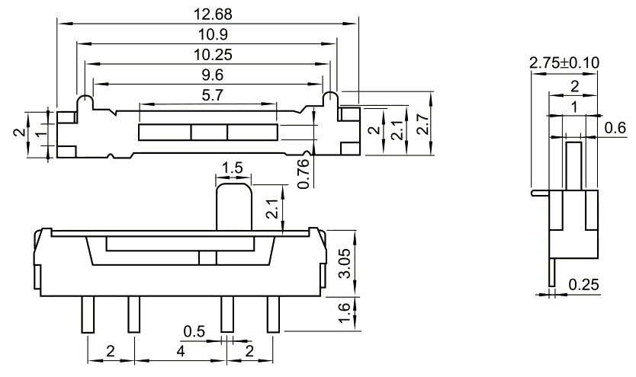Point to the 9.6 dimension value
click(x=207, y=75)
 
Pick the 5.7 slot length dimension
click(x=207, y=94)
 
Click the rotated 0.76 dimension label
click(x=303, y=174)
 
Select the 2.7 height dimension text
click(x=422, y=124)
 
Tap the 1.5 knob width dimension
click(x=233, y=168)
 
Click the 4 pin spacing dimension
click(x=178, y=351)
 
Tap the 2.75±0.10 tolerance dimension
click(x=564, y=62)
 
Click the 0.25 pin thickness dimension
click(x=583, y=285)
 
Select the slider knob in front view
click(x=233, y=204)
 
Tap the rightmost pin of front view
click(x=273, y=314)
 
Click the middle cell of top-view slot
click(x=208, y=133)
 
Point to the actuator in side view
click(x=574, y=164)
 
